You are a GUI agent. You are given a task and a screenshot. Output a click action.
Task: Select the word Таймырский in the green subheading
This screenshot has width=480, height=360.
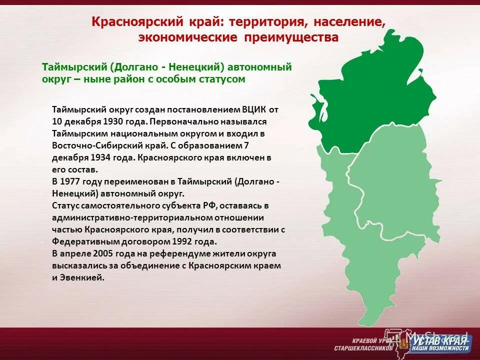[x=73, y=67]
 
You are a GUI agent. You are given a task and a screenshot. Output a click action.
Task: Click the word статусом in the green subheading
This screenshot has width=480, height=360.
[x=221, y=79]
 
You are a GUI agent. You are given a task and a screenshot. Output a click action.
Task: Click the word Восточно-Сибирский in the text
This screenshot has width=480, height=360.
[x=93, y=145]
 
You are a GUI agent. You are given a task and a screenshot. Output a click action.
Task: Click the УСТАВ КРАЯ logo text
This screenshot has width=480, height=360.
[x=440, y=340]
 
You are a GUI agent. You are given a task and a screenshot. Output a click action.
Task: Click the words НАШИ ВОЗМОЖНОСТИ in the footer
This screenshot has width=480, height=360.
[x=440, y=348]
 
